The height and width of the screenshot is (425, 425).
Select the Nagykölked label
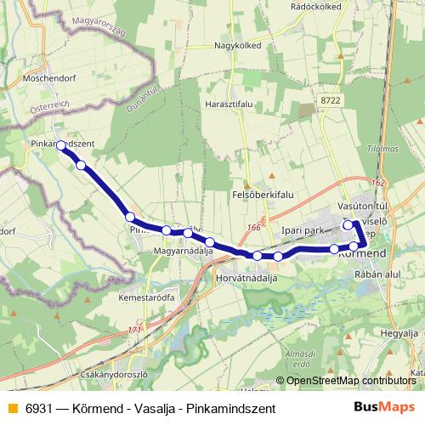[236, 45]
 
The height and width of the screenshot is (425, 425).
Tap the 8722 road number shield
[332, 101]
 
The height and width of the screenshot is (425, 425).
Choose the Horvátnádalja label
[247, 278]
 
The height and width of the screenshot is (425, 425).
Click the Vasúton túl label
[362, 206]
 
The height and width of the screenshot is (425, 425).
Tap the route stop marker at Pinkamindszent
[60, 145]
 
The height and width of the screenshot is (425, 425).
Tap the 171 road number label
[133, 330]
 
